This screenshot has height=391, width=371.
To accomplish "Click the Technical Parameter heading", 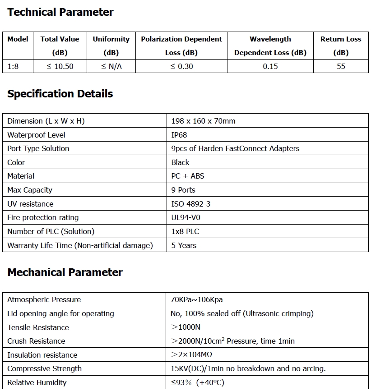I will (x=60, y=12).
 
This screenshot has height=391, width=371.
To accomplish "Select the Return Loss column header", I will (x=341, y=46).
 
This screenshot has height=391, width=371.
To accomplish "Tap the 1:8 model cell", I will (x=14, y=66).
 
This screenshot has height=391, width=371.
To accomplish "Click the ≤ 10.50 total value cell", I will (x=60, y=66).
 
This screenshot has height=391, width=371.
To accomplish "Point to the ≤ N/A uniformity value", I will (x=111, y=66).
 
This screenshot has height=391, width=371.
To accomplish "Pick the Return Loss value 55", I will (x=341, y=66).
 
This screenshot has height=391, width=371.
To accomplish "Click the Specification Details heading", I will (x=60, y=94).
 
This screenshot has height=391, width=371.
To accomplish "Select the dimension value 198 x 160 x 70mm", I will (x=203, y=121).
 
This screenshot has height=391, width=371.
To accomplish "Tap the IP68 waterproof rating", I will (x=179, y=135).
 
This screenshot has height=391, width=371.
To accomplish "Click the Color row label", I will (x=16, y=162).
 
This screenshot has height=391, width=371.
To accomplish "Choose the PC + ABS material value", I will (x=188, y=176).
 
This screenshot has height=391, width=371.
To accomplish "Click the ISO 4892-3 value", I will (x=191, y=204).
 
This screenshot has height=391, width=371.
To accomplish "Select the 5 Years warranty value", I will (x=184, y=245).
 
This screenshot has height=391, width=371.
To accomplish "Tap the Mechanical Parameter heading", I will (x=65, y=272).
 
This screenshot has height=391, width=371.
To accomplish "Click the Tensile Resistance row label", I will (x=38, y=327).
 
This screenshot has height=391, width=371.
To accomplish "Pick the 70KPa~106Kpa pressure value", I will (x=197, y=299).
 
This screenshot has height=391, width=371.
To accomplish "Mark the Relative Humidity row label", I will (x=37, y=382).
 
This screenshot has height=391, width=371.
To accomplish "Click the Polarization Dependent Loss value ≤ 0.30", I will (x=181, y=66).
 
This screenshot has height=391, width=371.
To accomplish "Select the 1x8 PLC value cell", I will (x=185, y=231).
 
